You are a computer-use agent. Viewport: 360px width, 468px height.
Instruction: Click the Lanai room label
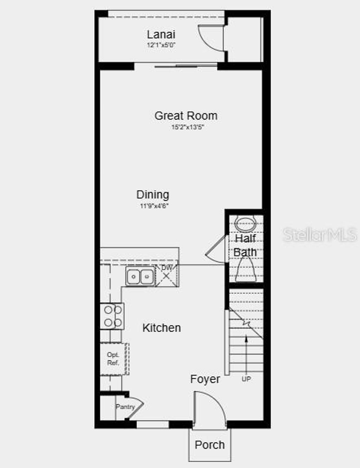coord(161,34)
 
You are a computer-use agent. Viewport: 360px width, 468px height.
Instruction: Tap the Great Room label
coord(186,116)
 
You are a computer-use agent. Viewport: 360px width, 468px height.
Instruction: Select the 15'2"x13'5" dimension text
coord(188,127)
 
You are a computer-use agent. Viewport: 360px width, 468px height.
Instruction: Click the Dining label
coord(153,194)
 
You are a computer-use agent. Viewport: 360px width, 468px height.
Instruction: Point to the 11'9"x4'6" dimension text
coord(154,206)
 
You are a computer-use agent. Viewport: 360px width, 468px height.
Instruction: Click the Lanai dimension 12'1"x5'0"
coord(161,45)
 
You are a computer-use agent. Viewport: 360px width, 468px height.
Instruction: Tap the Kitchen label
coord(162,328)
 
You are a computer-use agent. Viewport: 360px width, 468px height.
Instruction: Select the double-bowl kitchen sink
coord(140,276)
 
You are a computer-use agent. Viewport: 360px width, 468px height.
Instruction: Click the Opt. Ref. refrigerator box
coord(113,359)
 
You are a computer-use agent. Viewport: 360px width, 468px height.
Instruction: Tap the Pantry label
coord(125,407)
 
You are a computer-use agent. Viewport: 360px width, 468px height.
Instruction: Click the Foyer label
coord(205,379)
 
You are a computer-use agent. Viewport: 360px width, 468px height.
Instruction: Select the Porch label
coord(210,445)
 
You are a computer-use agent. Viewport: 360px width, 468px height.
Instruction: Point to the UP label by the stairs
coord(246,379)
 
